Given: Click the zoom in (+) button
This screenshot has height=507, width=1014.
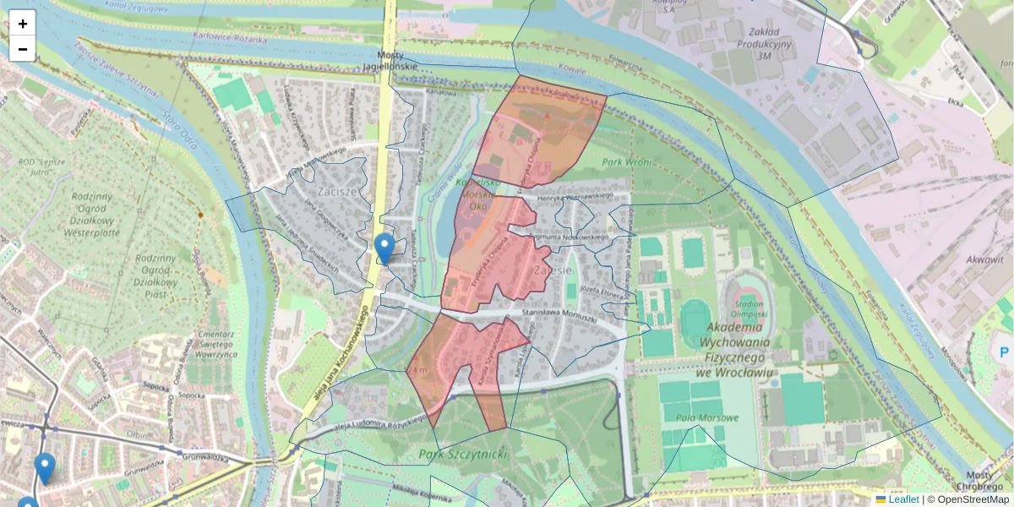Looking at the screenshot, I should [23, 24].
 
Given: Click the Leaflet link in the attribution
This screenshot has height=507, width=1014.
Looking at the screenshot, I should [903, 499].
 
